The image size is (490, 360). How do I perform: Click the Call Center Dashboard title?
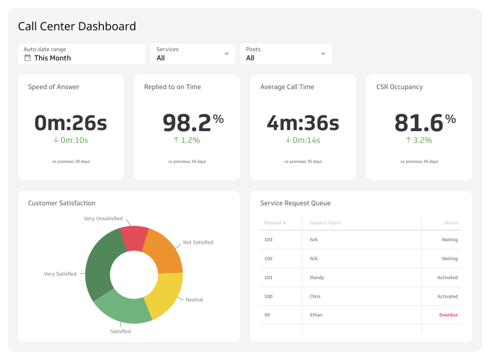click(x=77, y=26)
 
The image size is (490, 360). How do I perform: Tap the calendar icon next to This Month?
click(x=28, y=58)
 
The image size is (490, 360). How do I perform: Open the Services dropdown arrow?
click(x=227, y=54)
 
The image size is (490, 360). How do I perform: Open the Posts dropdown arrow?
click(x=323, y=54)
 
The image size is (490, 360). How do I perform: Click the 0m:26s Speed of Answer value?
click(x=71, y=123)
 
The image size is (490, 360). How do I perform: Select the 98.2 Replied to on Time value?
click(x=187, y=123)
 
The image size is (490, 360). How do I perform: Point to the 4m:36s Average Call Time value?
click(x=303, y=123)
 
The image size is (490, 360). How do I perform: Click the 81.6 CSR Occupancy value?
click(x=419, y=123)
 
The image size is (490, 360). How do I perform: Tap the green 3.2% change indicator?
click(x=419, y=140)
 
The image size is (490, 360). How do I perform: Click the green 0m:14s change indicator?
click(x=303, y=140)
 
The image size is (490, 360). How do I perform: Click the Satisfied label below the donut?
click(x=121, y=331)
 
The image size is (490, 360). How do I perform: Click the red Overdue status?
click(x=448, y=315)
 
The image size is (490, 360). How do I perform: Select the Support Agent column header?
click(x=325, y=223)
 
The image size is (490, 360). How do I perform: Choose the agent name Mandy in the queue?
click(x=316, y=278)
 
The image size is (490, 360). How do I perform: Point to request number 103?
click(x=268, y=240)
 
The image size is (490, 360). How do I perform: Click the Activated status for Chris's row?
click(x=447, y=296)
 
